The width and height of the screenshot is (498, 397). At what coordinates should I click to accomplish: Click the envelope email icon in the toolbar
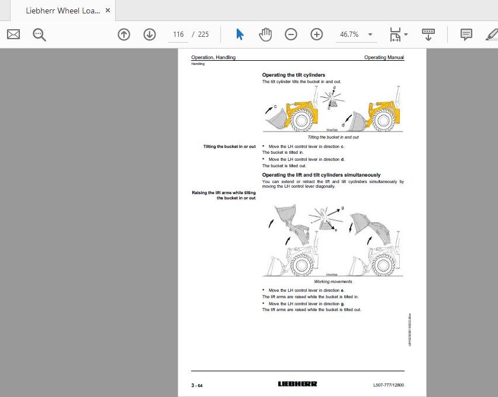click(x=13, y=34)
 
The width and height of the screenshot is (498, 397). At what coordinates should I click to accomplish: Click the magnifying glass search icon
click(x=39, y=34)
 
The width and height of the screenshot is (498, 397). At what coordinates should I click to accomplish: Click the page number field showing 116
click(x=178, y=34)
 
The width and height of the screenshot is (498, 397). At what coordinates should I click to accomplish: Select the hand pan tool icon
click(x=265, y=34)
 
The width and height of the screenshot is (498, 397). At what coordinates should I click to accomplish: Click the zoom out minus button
click(x=291, y=34)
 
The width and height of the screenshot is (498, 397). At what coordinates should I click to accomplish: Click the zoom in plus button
click(x=317, y=34)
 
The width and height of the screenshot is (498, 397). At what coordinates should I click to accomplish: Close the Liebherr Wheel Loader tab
click(x=108, y=11)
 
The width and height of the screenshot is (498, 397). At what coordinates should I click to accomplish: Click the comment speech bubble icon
click(x=466, y=34)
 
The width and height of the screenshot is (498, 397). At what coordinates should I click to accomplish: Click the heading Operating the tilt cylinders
click(x=293, y=75)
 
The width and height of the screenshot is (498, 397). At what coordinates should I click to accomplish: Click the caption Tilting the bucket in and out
click(x=333, y=137)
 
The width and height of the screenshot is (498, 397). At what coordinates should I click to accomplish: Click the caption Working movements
click(x=333, y=282)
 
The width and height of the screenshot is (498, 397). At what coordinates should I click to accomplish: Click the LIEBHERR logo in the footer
click(x=298, y=384)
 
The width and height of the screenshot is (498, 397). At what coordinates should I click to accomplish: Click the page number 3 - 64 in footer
click(x=197, y=385)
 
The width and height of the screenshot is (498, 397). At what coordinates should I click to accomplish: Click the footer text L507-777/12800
click(x=388, y=385)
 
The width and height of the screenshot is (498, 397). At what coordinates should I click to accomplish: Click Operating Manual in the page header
click(x=383, y=57)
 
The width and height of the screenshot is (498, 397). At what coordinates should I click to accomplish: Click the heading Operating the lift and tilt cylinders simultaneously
click(x=321, y=175)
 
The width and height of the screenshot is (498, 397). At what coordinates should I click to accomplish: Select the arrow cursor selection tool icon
click(x=240, y=34)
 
